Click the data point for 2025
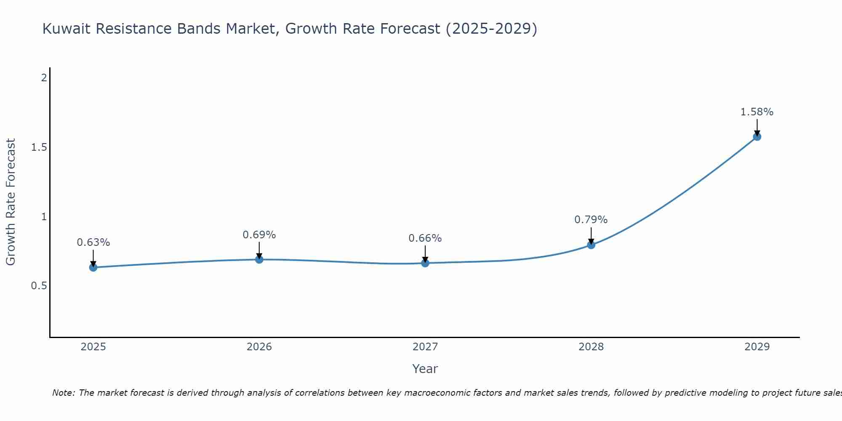coord(93,267)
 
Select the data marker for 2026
coord(259,259)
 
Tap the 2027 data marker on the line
coord(425,263)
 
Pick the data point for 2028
coord(591,245)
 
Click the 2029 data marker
coord(757,137)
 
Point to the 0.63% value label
coord(93,242)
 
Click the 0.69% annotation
coord(259,235)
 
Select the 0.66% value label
coord(425,238)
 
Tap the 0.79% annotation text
coord(591,220)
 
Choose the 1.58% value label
coord(757,112)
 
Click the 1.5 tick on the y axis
coord(39,147)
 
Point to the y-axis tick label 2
coord(43,78)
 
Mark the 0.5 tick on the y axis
coord(39,286)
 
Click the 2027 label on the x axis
coord(425,347)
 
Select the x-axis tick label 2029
coord(757,347)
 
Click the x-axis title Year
coord(425,369)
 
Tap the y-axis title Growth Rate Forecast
coord(11,202)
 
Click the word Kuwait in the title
coord(67,29)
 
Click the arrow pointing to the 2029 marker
coord(757,127)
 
